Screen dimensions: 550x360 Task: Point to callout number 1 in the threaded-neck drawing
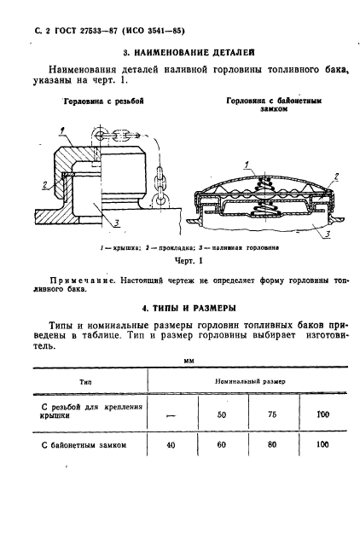[x=61, y=130]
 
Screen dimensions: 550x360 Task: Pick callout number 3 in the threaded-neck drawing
[x=115, y=223]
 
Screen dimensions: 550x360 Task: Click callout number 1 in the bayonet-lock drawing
[x=245, y=163]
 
